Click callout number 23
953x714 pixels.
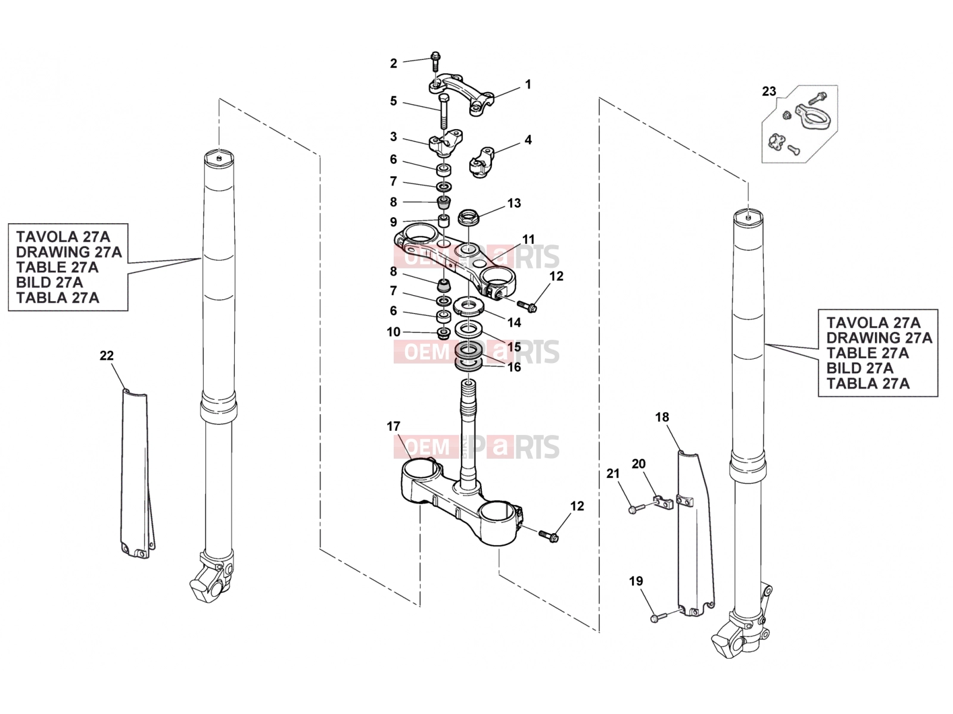(x=768, y=92)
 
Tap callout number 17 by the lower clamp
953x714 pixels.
(x=393, y=427)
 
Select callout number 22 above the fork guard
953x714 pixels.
(x=107, y=355)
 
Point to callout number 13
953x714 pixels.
(x=514, y=203)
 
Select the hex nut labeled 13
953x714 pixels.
(x=469, y=217)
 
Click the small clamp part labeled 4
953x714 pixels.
(x=482, y=162)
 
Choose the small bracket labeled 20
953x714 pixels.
(x=664, y=502)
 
